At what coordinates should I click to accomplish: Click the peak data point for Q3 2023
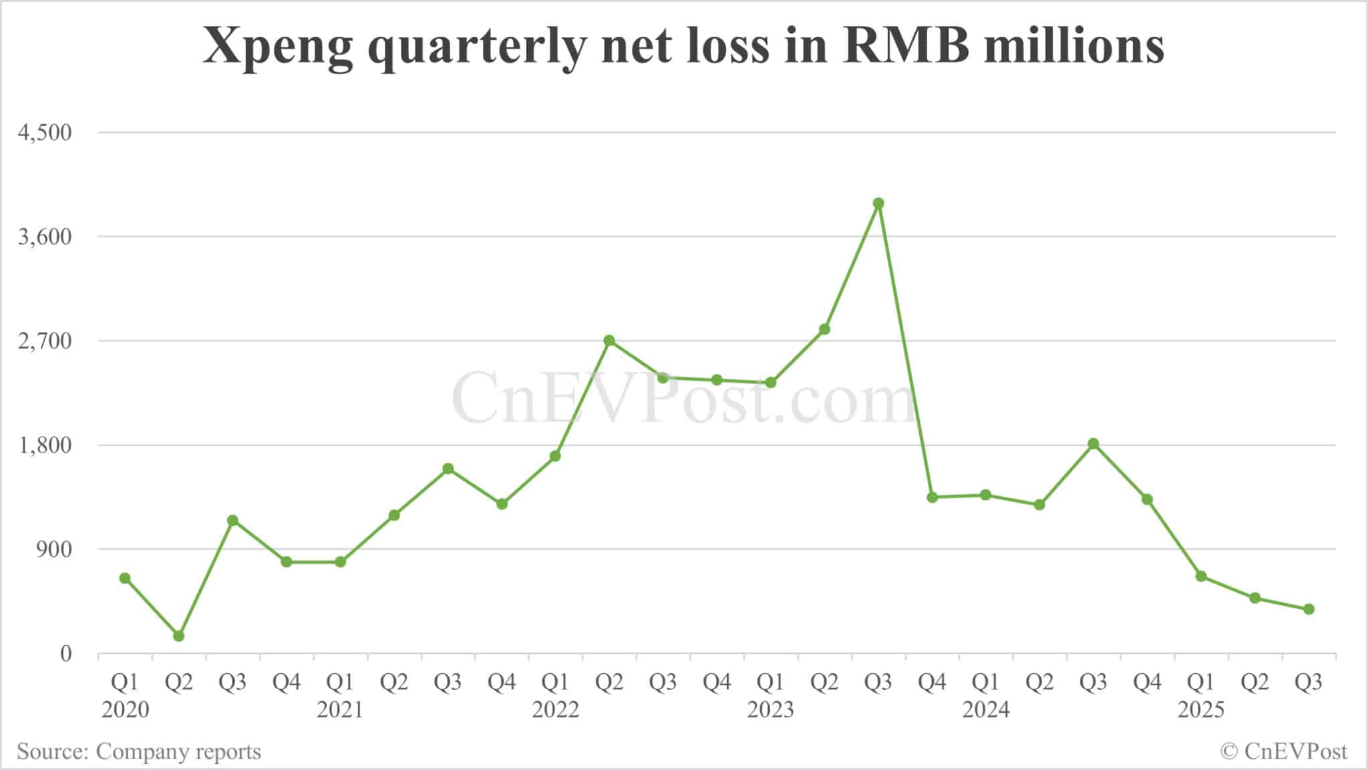878,203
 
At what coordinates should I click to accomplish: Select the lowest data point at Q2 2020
178,636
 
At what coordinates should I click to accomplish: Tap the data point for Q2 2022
609,341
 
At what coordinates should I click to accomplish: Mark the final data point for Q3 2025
1309,609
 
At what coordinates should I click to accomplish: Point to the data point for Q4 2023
932,498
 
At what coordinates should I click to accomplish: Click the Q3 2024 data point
1093,444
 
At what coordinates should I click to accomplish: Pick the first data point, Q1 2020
125,578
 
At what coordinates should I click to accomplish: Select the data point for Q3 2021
448,469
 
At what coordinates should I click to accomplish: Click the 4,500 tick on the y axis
45,132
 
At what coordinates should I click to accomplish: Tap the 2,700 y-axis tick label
45,341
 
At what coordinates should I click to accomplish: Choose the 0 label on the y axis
65,654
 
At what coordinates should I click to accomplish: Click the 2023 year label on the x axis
770,709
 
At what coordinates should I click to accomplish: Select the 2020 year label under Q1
125,709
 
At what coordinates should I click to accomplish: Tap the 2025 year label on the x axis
1200,709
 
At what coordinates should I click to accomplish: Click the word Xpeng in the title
277,47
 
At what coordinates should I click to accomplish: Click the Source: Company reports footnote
139,752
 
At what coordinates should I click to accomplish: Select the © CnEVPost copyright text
1283,752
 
